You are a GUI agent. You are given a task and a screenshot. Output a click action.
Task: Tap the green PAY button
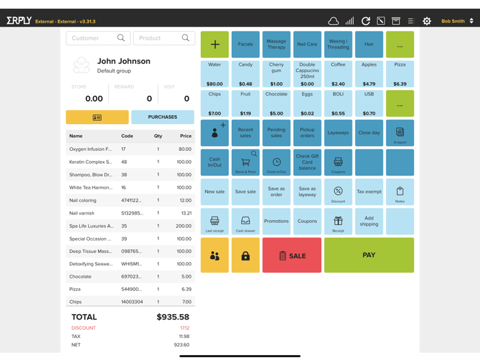coord(369,255)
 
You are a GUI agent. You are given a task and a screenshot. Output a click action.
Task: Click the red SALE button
coord(292,255)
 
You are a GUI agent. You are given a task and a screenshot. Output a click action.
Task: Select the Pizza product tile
coord(400,74)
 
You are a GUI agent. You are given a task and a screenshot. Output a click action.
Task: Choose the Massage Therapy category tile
coord(276,45)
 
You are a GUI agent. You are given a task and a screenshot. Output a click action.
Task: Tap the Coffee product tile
coord(338,74)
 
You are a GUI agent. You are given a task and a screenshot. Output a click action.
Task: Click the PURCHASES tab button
coord(163,117)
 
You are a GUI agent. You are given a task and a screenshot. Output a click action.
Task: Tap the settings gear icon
coord(427,21)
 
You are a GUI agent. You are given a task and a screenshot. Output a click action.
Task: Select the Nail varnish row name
coord(82,213)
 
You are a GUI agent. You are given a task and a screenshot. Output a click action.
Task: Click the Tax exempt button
coord(369,192)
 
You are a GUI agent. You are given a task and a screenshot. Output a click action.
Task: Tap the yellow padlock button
coord(245,256)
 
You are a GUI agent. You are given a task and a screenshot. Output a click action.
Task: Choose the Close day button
coord(369,133)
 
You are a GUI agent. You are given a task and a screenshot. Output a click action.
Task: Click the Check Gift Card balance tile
coord(307,163)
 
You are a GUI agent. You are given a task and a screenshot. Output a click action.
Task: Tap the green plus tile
coord(215,45)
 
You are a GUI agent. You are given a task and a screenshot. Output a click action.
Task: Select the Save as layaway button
coord(307,192)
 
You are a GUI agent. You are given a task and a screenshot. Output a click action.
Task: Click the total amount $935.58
coord(173,317)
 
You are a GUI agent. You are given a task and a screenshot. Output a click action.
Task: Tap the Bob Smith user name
coord(453,21)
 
